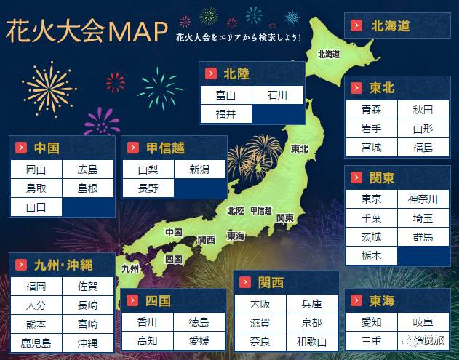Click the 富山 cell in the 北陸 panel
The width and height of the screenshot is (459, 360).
225,95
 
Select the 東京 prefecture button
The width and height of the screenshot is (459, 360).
371,199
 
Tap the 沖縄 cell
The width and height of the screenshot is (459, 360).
87,342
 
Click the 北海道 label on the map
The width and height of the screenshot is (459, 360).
329,54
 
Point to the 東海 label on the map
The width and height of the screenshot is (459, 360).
236,236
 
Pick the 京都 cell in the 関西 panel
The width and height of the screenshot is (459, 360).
311,322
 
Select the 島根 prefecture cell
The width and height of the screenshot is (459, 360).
87,188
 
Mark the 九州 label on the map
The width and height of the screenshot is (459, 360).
130,268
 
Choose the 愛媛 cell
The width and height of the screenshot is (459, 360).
199,340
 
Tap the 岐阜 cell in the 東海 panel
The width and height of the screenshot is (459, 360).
422,322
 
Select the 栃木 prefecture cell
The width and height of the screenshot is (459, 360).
371,256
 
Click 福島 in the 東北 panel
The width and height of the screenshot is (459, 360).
423,148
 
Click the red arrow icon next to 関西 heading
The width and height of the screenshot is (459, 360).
245,282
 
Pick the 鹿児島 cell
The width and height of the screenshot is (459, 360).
36,342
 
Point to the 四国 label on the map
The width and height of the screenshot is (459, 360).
173,259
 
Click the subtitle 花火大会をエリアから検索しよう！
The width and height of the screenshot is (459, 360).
238,36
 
